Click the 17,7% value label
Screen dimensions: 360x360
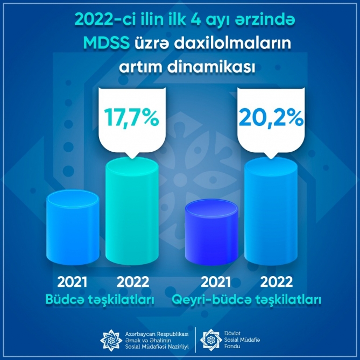pyautogui.click(x=131, y=119)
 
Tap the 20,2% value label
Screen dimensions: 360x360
pyautogui.click(x=271, y=119)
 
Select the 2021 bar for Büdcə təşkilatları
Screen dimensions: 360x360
pyautogui.click(x=73, y=227)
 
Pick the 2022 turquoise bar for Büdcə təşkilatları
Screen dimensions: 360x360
pyautogui.click(x=132, y=211)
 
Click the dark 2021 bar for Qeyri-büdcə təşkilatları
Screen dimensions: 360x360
pyautogui.click(x=211, y=232)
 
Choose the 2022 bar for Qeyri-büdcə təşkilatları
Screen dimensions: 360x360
pyautogui.click(x=271, y=211)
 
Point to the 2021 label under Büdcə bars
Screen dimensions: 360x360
pyautogui.click(x=72, y=282)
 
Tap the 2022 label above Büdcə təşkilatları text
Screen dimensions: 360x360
pyautogui.click(x=133, y=282)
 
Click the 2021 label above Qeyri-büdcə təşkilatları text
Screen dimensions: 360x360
pyautogui.click(x=216, y=282)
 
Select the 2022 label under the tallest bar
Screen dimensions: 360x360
pyautogui.click(x=277, y=282)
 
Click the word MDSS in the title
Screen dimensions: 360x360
pyautogui.click(x=107, y=43)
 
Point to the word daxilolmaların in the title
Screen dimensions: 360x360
pyautogui.click(x=232, y=43)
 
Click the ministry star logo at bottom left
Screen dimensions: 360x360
pyautogui.click(x=111, y=340)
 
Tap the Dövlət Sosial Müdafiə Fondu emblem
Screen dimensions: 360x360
pyautogui.click(x=211, y=340)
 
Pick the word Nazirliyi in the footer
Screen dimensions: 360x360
pyautogui.click(x=177, y=347)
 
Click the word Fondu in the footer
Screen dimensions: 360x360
pyautogui.click(x=232, y=346)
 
